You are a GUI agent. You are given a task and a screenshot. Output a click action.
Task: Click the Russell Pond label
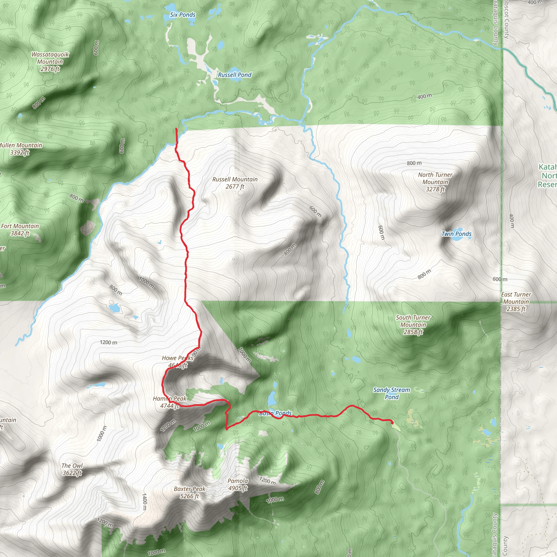coord(234,75)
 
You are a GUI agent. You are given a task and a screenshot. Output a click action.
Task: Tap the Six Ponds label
coord(182,15)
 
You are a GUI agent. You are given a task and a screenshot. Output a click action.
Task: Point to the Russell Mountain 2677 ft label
coord(235,183)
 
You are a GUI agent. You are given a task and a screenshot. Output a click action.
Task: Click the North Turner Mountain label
coord(435,182)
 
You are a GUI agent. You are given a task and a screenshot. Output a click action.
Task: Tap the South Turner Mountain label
coord(413,325)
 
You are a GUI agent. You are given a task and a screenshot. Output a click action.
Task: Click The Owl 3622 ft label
coord(72,469)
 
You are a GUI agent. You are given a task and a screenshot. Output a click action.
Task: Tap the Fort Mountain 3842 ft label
coord(20,230)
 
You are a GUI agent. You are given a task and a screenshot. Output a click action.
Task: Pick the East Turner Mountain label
coord(516,302)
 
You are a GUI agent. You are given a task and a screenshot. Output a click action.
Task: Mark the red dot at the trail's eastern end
coord(392,423)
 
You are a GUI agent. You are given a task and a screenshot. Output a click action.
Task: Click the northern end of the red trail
coord(176,129)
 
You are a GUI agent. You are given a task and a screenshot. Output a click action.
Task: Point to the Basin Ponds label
coord(275,413)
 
